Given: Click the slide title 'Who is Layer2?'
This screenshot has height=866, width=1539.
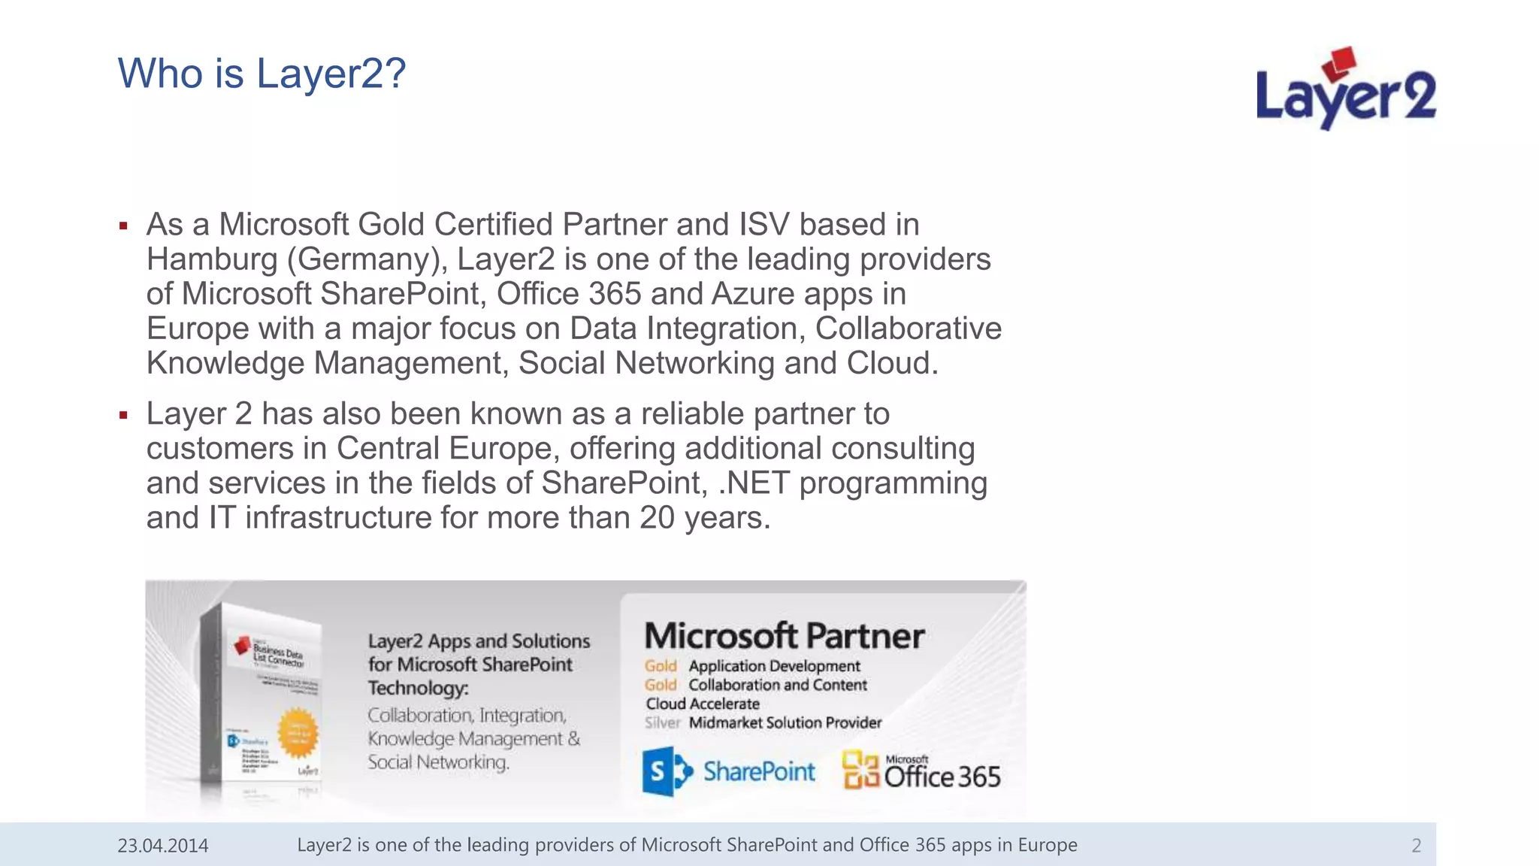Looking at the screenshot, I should point(262,74).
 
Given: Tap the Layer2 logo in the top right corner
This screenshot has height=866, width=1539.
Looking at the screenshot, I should point(1345,90).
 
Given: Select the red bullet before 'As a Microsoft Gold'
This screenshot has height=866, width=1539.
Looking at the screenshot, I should point(123,226).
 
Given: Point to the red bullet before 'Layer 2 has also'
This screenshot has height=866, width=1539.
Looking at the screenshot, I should point(123,415).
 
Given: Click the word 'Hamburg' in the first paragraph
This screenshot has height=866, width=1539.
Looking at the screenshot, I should point(212,259).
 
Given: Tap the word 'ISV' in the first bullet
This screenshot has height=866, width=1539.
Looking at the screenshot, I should point(764,225).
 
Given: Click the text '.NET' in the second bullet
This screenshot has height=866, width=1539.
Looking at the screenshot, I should point(754,483).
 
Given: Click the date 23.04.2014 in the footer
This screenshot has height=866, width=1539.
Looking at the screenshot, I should point(163,846).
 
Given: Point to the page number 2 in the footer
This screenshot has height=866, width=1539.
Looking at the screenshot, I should point(1416,846).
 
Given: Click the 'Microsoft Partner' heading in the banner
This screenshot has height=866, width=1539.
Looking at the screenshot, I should point(784,636).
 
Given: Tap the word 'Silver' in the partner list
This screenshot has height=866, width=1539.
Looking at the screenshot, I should point(662,723).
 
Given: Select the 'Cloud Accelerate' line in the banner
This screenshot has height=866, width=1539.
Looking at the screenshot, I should point(703,704).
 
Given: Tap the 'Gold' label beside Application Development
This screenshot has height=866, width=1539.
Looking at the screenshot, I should point(661,666).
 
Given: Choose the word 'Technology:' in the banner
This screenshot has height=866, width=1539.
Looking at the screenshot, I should point(418,688).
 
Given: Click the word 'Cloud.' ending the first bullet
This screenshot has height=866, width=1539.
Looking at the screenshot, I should point(893,364).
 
